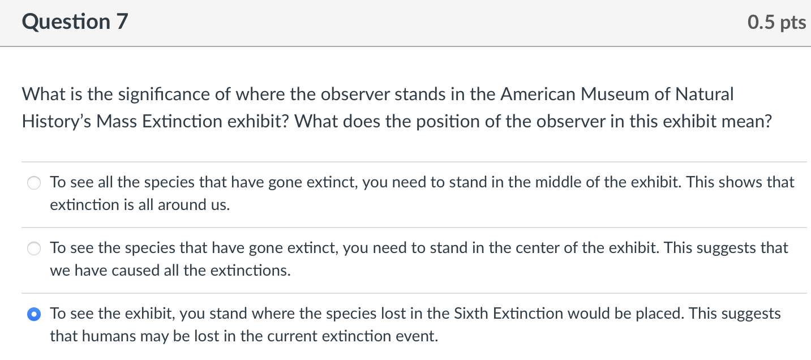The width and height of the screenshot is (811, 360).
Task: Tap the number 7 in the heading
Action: tap(123, 22)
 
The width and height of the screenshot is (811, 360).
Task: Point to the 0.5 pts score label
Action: tap(776, 22)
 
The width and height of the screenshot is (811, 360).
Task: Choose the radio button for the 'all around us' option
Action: tap(35, 183)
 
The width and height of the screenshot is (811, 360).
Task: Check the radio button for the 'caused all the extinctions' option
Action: tap(35, 248)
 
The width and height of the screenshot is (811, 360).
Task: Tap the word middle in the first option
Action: tap(568, 182)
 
